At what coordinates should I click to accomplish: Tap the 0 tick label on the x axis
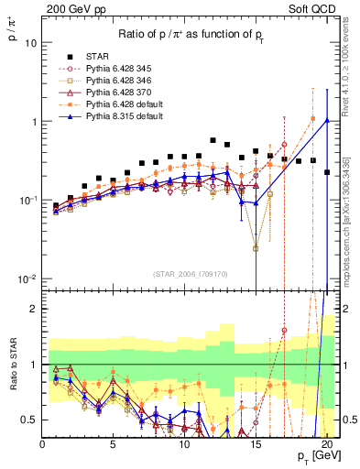point(42,443)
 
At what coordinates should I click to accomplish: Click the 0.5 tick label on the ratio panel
point(28,420)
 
